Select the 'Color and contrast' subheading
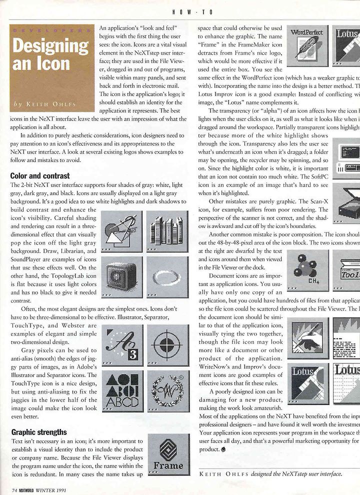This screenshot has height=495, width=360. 40,176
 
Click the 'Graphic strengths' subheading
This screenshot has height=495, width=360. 38,431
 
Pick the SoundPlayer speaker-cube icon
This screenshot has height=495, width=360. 121,276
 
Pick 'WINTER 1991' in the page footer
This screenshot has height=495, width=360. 52,489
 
